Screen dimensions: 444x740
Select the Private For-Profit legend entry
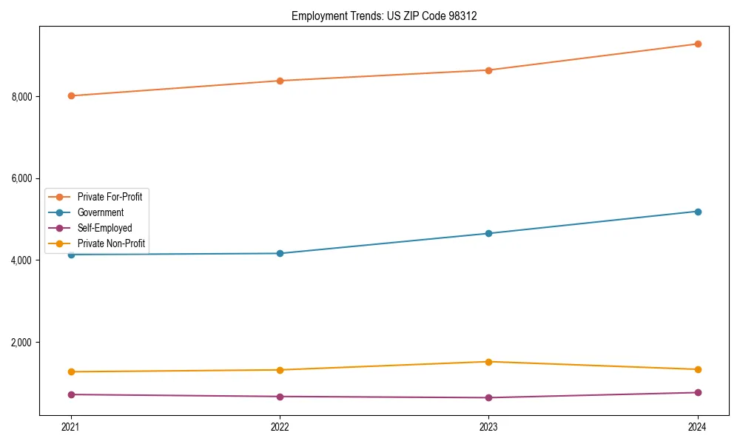(110, 197)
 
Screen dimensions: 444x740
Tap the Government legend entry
(101, 212)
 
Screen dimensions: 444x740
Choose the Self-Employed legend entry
(104, 228)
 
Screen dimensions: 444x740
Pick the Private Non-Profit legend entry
(111, 243)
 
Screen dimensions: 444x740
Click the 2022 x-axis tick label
(280, 427)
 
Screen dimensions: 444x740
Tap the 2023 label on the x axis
(488, 427)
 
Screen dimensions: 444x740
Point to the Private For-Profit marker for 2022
(280, 81)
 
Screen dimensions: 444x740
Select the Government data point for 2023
(488, 233)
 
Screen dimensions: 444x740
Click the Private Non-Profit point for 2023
(488, 362)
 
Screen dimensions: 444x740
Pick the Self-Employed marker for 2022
(280, 397)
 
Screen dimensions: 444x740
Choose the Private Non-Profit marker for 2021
(71, 371)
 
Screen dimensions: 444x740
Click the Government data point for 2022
(280, 253)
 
